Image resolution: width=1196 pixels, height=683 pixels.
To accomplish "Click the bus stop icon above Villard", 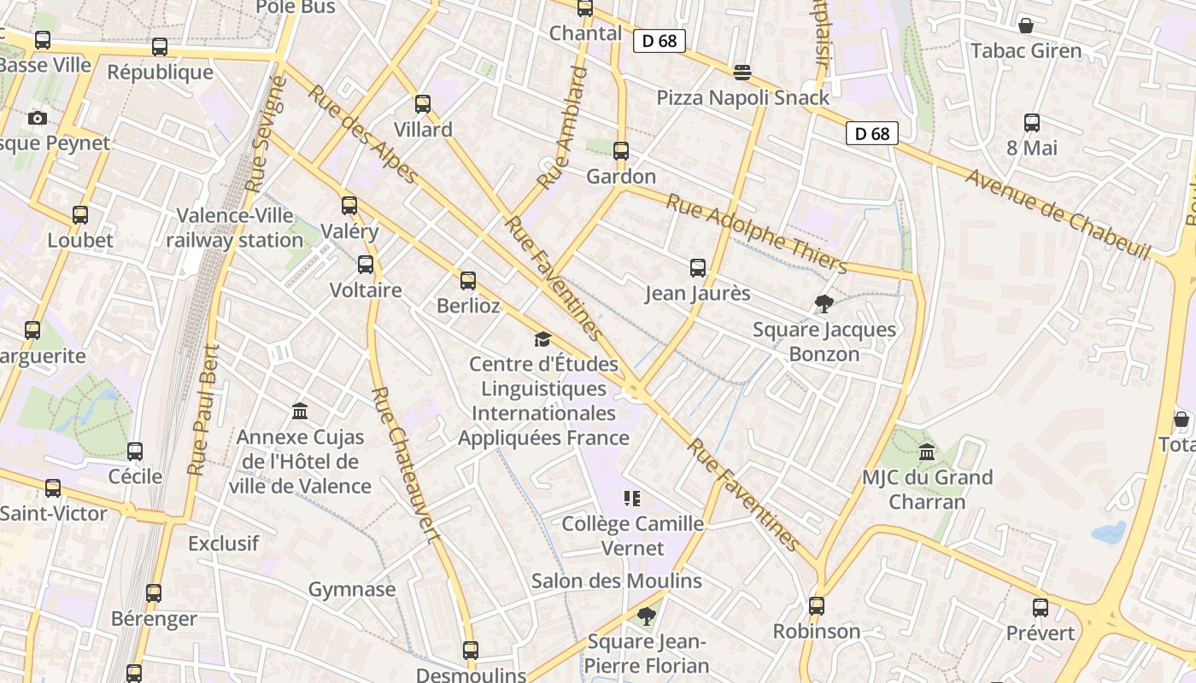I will click(423, 104).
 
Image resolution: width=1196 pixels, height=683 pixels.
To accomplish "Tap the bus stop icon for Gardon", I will click(621, 151).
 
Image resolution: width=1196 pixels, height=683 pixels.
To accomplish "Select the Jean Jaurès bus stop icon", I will click(698, 268).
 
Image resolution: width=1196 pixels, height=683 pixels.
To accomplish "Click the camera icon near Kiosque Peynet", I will click(38, 118).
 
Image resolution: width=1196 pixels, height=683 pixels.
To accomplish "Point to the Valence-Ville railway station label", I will click(235, 228).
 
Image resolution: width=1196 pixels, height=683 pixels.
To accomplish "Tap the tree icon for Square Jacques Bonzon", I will click(824, 303).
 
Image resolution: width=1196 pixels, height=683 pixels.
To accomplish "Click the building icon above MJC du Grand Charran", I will click(927, 452).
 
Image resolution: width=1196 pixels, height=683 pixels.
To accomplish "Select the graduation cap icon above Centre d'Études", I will click(542, 340).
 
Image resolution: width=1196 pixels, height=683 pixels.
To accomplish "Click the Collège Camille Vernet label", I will click(632, 535).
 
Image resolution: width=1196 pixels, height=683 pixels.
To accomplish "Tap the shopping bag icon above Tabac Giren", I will click(1026, 26).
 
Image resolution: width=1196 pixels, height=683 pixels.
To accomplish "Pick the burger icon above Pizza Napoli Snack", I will click(742, 72).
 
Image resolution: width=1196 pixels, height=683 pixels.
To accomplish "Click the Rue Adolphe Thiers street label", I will click(756, 232).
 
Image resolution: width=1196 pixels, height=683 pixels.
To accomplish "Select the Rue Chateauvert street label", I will click(407, 464).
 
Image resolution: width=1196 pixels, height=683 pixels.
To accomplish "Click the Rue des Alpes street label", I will click(363, 134).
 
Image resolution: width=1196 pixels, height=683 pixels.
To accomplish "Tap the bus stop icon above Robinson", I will click(817, 606).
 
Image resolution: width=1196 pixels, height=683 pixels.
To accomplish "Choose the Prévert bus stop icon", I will click(1040, 608).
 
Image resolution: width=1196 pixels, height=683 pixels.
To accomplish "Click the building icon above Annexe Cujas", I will click(300, 412).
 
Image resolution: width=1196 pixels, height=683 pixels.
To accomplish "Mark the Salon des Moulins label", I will click(616, 581).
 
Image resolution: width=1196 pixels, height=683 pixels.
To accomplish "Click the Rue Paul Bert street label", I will click(204, 410).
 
